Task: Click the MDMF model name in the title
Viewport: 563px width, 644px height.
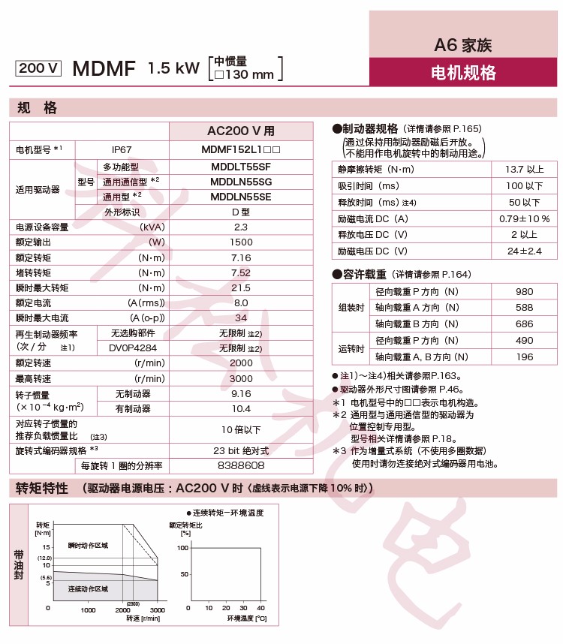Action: tap(104, 69)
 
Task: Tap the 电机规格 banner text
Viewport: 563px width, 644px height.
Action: tap(463, 73)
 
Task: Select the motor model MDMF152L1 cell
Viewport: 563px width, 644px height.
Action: tap(241, 150)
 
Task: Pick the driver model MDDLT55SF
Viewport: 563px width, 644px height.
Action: tap(241, 167)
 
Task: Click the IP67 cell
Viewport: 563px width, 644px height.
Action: tap(122, 150)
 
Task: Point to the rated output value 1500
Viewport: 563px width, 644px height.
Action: tap(241, 242)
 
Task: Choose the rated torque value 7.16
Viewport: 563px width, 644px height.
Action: tap(241, 257)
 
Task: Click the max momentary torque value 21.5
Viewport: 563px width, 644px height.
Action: tap(241, 287)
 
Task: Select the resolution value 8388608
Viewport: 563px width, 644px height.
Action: tap(241, 466)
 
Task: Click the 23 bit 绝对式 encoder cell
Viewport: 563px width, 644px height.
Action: tap(241, 450)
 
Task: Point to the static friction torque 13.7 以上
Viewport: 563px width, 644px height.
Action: tap(524, 169)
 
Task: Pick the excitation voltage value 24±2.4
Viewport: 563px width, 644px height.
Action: tap(524, 251)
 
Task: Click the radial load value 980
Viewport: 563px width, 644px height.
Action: tap(524, 291)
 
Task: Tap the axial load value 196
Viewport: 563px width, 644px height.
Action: tap(524, 357)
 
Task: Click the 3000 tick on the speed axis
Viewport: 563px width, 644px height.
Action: tap(158, 610)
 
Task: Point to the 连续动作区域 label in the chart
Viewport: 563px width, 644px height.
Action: tap(88, 588)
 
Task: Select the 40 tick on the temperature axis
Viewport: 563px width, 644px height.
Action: tap(260, 607)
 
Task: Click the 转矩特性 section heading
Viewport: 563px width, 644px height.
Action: tap(43, 488)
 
